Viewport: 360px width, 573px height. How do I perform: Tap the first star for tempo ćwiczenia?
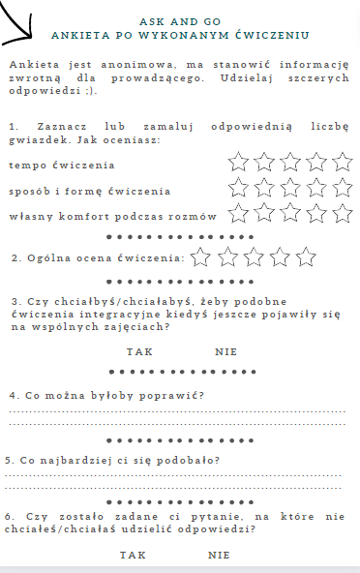coord(239,162)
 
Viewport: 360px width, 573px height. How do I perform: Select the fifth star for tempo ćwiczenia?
coord(342,162)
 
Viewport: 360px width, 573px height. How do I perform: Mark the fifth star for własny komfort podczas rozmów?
coord(342,213)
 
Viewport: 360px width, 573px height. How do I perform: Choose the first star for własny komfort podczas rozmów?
coord(239,213)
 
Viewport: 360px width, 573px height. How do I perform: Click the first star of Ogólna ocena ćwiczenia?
coord(201,256)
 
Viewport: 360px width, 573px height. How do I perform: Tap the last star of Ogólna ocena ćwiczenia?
coord(306,256)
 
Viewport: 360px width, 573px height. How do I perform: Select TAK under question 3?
coord(139,351)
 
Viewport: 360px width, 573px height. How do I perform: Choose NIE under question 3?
coord(225,351)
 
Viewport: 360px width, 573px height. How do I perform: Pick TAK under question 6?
coord(133,555)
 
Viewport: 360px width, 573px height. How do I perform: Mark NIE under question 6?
coord(219,555)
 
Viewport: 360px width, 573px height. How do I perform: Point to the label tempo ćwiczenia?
coord(47,166)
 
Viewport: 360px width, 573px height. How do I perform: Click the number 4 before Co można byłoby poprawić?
coord(12,395)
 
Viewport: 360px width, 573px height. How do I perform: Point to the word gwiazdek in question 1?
coord(33,140)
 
